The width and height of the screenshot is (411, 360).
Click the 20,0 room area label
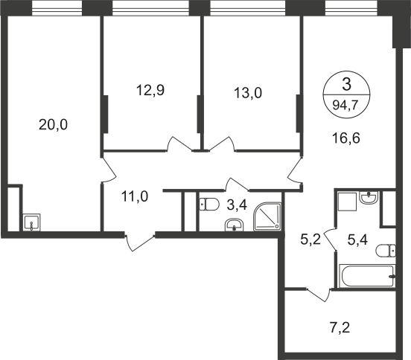tap(53, 125)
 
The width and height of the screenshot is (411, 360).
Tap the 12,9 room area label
tap(150, 90)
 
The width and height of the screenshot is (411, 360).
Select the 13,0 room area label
tap(248, 93)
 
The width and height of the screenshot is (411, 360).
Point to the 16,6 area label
tap(346, 138)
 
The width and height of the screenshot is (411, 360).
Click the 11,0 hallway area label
tap(135, 196)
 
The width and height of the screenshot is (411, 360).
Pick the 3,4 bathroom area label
tap(237, 205)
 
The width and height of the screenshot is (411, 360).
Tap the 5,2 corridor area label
tap(310, 240)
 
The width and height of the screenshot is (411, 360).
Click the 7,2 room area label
tap(340, 327)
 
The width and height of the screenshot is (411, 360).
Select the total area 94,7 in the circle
tap(346, 106)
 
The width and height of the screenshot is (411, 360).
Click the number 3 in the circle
tap(346, 85)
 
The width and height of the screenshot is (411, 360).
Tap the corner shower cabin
tap(267, 216)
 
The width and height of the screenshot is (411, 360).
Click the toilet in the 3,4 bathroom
tap(209, 205)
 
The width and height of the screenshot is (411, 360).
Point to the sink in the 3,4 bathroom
tap(235, 225)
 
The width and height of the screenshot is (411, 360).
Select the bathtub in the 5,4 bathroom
tap(367, 276)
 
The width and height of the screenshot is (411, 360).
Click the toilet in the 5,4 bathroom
tap(386, 251)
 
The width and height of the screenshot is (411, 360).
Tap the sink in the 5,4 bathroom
tap(369, 197)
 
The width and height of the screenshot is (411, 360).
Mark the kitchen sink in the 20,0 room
tap(32, 222)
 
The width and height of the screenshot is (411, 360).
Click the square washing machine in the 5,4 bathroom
tap(347, 202)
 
